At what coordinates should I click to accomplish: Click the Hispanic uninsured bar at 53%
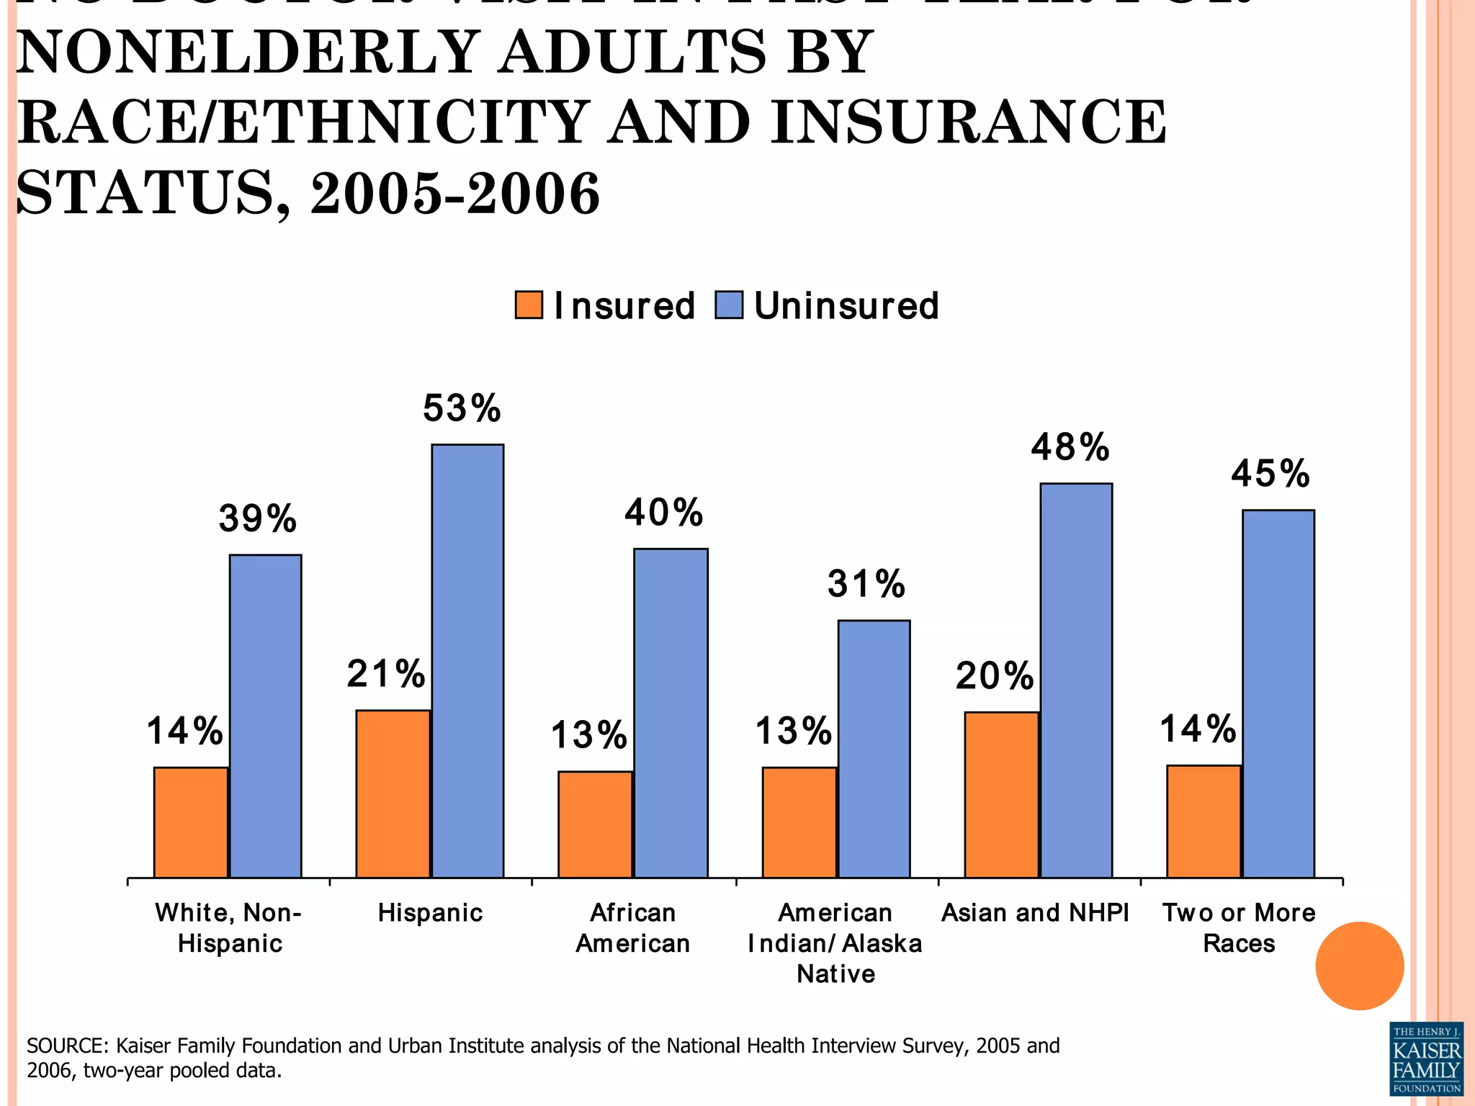click(467, 660)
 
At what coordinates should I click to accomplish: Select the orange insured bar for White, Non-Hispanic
click(191, 822)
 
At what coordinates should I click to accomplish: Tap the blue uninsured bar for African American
click(671, 713)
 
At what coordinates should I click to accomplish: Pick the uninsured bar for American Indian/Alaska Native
click(874, 749)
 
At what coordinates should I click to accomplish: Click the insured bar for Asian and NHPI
click(1001, 795)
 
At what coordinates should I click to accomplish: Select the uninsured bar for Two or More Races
click(1278, 693)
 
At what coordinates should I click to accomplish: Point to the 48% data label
click(1070, 448)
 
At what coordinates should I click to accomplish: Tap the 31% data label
click(866, 584)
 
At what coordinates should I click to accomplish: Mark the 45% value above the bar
click(1270, 475)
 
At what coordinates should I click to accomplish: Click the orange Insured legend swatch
click(529, 305)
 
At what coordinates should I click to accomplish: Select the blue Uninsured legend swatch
click(728, 305)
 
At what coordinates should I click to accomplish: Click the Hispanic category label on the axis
click(431, 913)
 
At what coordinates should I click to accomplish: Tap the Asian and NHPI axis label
click(1035, 913)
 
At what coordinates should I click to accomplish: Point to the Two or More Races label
click(1239, 928)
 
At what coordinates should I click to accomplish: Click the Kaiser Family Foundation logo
click(1426, 1058)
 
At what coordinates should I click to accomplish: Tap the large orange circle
click(1359, 966)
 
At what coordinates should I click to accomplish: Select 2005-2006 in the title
click(455, 194)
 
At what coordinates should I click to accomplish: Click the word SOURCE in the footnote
click(68, 1046)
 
